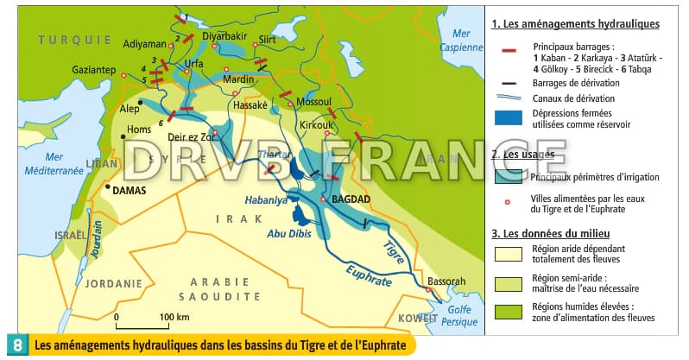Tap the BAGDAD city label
pos(351,199)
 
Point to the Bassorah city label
pos(446,281)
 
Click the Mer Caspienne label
pos(455,40)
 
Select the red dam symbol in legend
pos(509,50)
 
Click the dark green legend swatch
pos(508,313)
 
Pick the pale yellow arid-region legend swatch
pos(508,253)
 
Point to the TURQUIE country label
pos(74,40)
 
